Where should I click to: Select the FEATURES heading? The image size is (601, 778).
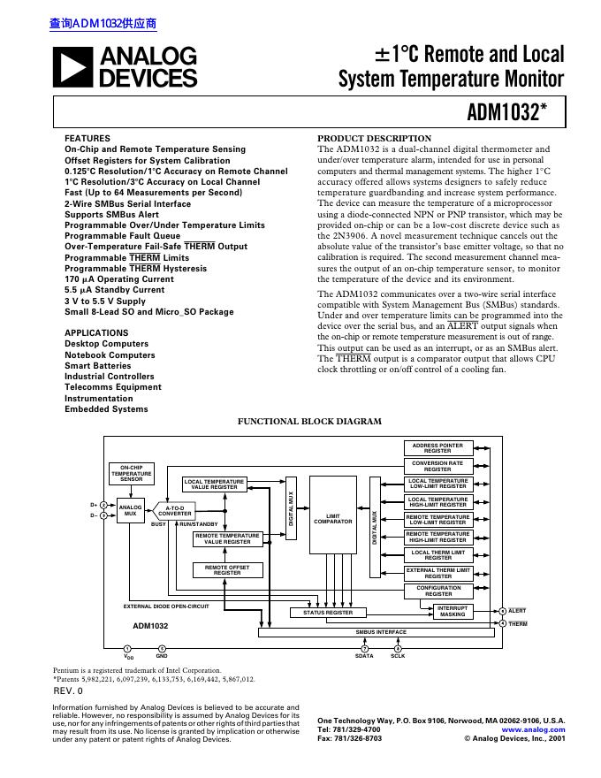[87, 139]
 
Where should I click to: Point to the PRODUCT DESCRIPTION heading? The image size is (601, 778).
[374, 139]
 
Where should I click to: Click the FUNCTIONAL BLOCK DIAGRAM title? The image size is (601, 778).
[310, 422]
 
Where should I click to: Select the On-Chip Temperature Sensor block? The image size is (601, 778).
[131, 473]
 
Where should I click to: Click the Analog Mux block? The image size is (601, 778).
[130, 510]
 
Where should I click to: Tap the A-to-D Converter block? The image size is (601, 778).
[175, 510]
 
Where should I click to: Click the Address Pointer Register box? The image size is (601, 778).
[437, 448]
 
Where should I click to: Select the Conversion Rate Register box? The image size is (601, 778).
[437, 466]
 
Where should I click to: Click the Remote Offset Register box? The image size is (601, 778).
[227, 569]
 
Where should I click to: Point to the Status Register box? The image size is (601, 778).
[328, 612]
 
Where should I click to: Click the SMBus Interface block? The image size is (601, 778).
[380, 632]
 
